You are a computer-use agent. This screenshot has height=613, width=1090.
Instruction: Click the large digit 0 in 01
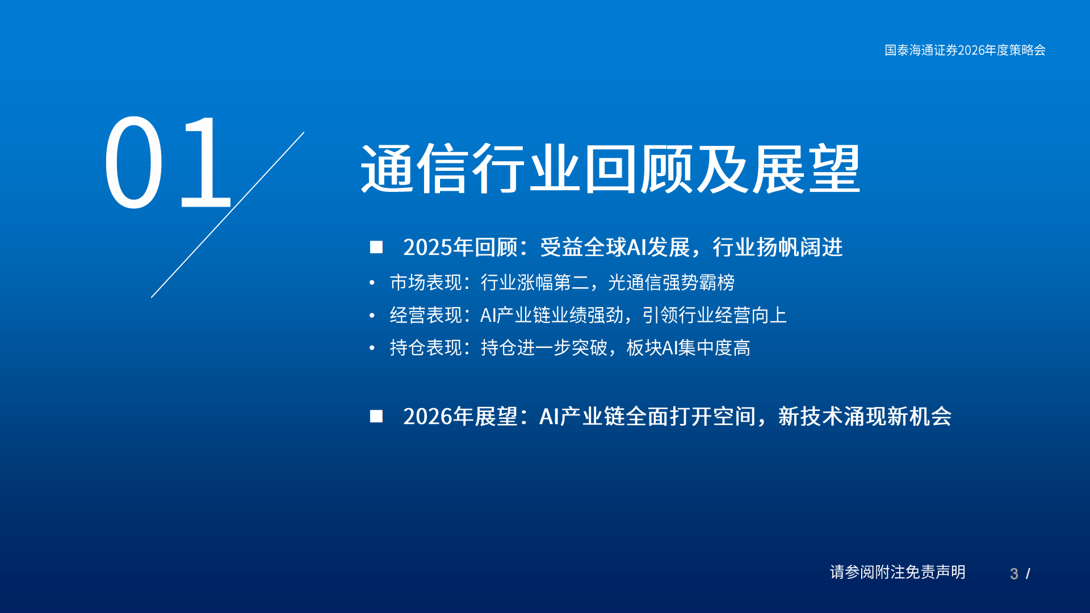coord(134,163)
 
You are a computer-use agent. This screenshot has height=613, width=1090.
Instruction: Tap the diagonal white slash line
coord(227,215)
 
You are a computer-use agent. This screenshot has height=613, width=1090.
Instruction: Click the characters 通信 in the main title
coord(416,169)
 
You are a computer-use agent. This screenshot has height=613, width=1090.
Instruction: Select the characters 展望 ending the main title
coord(806,169)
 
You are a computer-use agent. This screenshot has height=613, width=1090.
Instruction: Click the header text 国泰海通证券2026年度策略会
coord(965,50)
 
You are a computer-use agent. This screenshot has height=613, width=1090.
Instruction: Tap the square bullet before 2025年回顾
coord(376,247)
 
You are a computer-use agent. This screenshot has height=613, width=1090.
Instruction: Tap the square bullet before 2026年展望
coord(376,416)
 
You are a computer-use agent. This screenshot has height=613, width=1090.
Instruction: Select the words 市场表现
coord(426,282)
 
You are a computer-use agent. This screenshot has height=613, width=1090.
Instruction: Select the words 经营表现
coord(426,315)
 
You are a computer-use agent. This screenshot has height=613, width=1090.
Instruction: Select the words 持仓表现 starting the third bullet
coord(426,347)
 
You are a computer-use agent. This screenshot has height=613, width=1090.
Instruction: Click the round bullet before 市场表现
coord(372,282)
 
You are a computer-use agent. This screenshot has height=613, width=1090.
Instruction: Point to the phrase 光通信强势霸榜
coord(671,282)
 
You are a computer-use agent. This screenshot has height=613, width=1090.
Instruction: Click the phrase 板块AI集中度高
coord(688,347)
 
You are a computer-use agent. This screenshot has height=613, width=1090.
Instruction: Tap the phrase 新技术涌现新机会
coord(865,417)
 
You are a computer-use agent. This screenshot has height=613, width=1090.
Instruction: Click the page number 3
coord(1014,574)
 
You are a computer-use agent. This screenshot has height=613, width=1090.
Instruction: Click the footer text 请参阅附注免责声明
coord(898,572)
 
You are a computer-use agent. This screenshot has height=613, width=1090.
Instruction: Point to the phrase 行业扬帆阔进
coord(778,247)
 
